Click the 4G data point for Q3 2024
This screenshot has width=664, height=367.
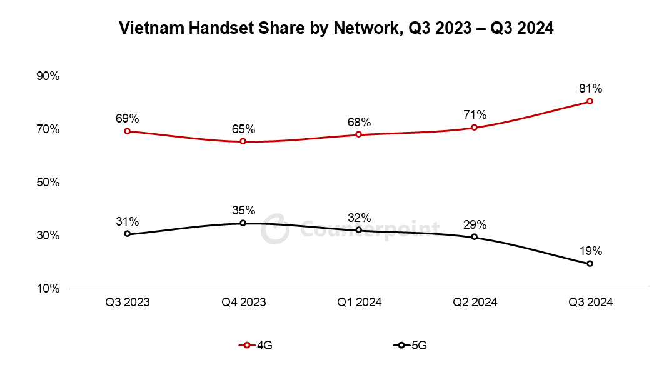pos(590,101)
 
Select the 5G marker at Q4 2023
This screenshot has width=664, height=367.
pos(243,223)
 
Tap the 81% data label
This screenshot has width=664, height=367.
pos(590,88)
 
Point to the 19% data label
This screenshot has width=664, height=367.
pos(590,251)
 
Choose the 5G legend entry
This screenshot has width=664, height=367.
pos(413,345)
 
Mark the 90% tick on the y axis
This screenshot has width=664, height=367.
pos(48,76)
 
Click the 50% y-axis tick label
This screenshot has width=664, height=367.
pos(48,183)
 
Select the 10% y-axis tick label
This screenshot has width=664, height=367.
pos(48,289)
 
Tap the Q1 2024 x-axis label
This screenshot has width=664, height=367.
pos(359,303)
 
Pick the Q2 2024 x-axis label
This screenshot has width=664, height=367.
pos(475,303)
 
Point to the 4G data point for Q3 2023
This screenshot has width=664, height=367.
pos(128,131)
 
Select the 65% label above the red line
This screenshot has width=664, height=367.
pos(243,129)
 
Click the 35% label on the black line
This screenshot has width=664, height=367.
pos(243,210)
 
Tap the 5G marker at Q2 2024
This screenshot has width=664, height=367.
pos(475,237)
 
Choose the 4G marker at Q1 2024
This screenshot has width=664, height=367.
pos(359,134)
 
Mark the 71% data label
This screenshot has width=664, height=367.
pos(475,114)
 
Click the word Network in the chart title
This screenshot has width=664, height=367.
pos(365,29)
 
